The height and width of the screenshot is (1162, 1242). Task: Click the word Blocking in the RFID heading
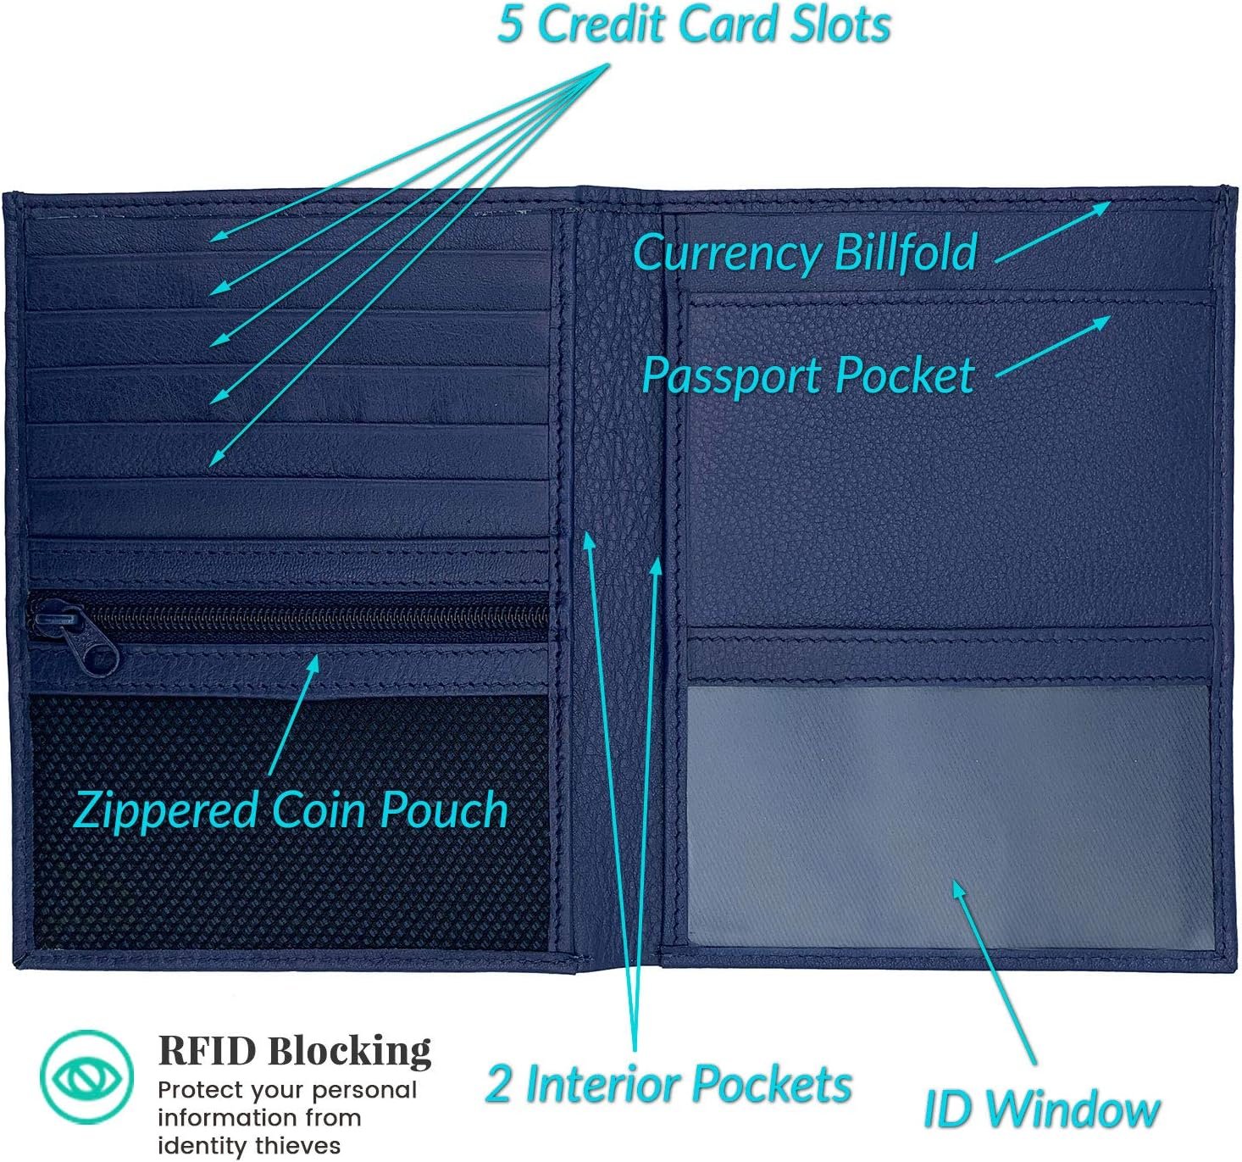pos(349,1052)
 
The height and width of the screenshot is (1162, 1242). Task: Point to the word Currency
pos(727,253)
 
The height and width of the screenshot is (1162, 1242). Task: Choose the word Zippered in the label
pos(166,810)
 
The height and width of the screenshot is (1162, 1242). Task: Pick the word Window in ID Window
pos(1073,1109)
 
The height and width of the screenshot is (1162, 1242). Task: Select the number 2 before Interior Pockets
pos(498,1085)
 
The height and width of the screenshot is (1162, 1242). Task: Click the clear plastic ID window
pos(947,814)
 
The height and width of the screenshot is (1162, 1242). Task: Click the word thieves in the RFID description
pos(298,1146)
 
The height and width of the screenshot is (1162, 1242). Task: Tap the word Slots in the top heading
pos(840,24)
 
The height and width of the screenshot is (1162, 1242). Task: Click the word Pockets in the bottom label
pos(770,1085)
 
